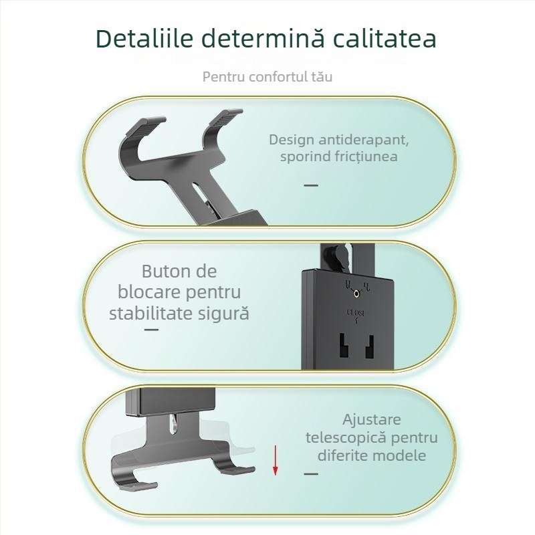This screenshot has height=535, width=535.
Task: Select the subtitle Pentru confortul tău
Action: coord(267,76)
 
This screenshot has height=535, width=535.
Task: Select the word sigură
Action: coord(222,313)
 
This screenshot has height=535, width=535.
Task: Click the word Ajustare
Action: coord(372,420)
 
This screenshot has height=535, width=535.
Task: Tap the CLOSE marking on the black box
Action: coord(355,312)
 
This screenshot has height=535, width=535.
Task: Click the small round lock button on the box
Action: coord(356,293)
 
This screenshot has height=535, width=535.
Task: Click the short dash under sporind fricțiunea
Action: coord(311,185)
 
